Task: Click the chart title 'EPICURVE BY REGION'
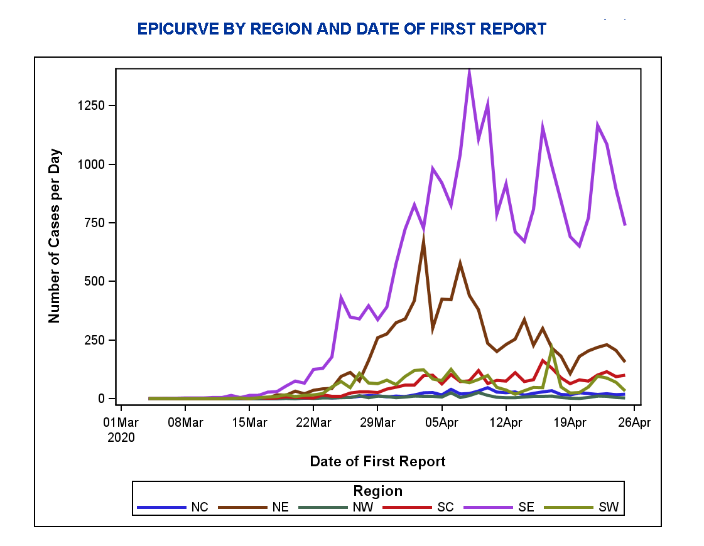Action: tap(342, 29)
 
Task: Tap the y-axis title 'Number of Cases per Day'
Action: tap(55, 236)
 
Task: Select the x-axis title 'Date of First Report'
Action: tap(377, 462)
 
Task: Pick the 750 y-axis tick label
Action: tap(95, 223)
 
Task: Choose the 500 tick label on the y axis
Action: tap(95, 281)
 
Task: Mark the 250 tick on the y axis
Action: tap(95, 340)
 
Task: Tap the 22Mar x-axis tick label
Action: tap(313, 422)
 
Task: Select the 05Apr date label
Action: tap(441, 422)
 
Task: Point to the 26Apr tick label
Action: tap(633, 422)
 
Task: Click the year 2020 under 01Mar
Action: tap(121, 437)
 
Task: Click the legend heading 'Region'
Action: tap(377, 491)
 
